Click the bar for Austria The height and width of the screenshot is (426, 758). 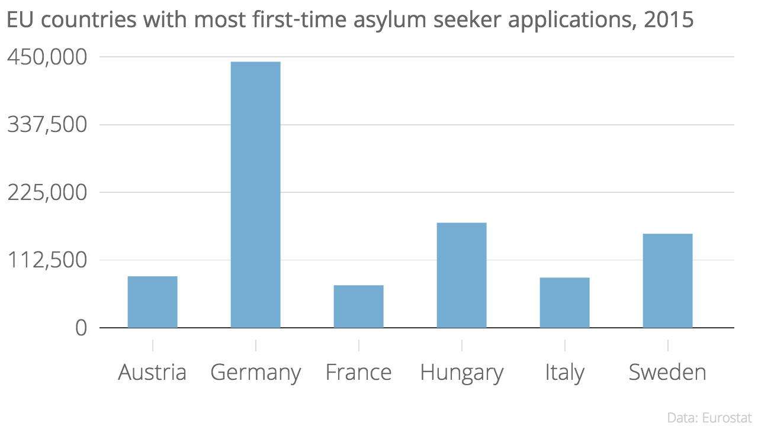[x=152, y=302]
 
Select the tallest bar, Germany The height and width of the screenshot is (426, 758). [x=255, y=195]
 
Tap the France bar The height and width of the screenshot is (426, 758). [x=358, y=306]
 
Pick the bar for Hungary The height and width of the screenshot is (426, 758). [x=461, y=275]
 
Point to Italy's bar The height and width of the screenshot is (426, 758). [x=564, y=302]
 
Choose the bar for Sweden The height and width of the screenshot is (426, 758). [x=667, y=280]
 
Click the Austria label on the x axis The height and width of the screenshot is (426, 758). [x=152, y=373]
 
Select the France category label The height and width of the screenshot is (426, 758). [x=358, y=373]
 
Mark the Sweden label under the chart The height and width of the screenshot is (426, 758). [x=667, y=373]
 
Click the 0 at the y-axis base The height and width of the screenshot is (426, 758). [x=81, y=328]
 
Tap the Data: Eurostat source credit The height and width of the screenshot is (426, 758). [x=709, y=417]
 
